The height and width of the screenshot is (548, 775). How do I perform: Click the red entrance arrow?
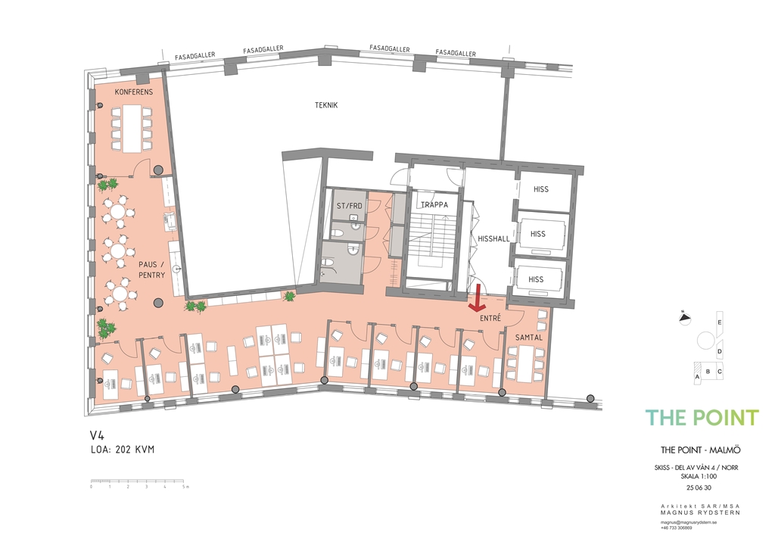click(477, 299)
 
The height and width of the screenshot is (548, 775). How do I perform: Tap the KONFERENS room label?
click(134, 92)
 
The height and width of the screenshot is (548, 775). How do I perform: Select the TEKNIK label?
click(326, 104)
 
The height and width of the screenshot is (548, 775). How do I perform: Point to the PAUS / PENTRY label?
click(151, 269)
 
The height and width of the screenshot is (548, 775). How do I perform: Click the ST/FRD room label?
click(350, 206)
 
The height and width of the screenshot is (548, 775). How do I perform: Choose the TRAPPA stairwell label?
click(434, 204)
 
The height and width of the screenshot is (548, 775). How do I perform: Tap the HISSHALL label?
click(493, 238)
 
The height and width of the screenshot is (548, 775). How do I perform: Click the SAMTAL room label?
click(529, 338)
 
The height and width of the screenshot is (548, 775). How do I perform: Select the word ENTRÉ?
click(490, 318)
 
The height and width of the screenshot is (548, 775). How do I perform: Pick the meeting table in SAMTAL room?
click(526, 363)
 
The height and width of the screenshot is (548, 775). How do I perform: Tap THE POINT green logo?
click(702, 418)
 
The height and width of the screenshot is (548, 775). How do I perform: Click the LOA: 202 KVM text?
click(123, 450)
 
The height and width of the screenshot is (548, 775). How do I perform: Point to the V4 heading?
click(98, 434)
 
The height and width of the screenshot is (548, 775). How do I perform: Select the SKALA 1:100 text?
click(699, 476)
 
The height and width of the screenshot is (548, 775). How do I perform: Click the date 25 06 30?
click(699, 487)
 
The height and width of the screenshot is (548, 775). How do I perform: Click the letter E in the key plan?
click(720, 322)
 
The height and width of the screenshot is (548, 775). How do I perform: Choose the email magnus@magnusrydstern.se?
click(689, 522)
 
